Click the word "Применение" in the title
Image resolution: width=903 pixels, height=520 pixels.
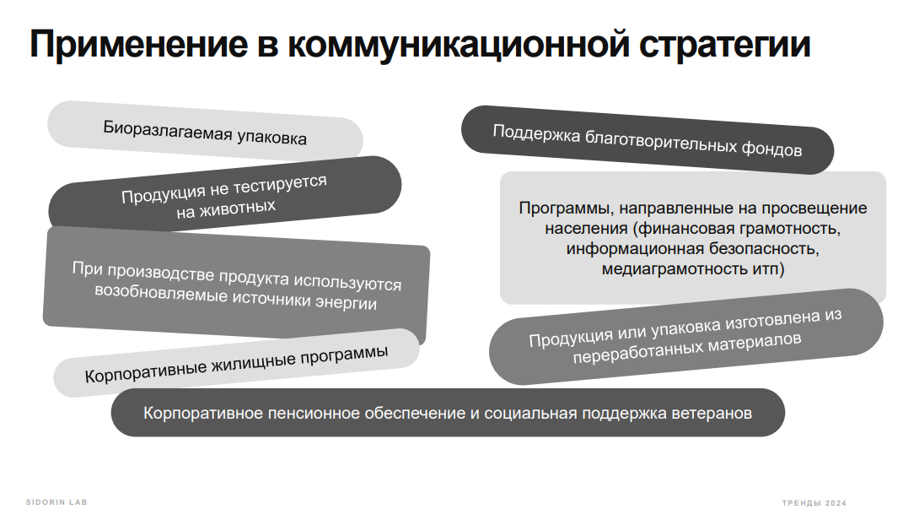click(139, 44)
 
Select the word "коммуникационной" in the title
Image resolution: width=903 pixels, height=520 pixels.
click(459, 45)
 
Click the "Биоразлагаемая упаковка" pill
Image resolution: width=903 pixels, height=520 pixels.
click(205, 133)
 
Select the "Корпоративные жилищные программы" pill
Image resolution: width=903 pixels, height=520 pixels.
click(237, 363)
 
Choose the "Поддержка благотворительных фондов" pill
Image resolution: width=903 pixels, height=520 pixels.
click(648, 139)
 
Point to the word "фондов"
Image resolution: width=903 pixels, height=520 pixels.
click(771, 149)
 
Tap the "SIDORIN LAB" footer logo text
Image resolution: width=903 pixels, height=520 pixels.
click(56, 502)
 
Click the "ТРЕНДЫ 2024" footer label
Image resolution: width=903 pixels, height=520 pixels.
click(814, 503)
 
